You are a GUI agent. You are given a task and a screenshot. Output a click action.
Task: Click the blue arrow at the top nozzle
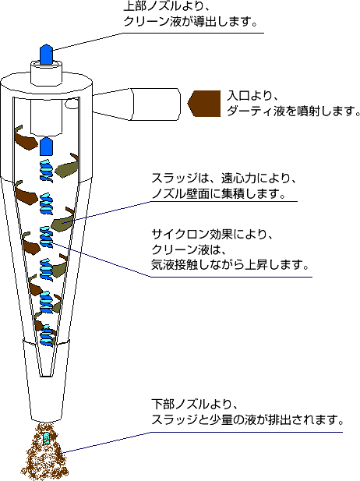pos(46,54)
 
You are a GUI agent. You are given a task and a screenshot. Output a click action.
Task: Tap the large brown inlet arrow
pos(204,104)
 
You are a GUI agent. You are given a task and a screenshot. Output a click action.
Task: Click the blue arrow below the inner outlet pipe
pos(47,147)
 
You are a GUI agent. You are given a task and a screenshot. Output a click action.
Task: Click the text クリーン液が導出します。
pos(190,21)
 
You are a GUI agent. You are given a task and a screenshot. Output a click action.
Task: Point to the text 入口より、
pos(252,95)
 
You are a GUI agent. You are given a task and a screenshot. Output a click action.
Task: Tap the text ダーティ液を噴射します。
pos(294,111)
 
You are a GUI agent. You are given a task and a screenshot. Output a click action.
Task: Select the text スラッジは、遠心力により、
pos(224,179)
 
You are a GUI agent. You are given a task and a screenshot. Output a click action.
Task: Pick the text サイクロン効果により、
pos(212,235)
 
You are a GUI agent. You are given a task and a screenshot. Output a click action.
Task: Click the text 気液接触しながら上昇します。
pos(230,264)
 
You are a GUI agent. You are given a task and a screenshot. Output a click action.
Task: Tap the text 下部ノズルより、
pos(195,404)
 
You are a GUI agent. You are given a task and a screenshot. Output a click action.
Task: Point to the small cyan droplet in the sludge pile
pos(47,438)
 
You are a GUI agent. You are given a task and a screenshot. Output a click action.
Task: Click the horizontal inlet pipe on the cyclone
pos(136,104)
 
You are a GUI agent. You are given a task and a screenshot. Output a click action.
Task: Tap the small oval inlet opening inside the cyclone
pos(72,104)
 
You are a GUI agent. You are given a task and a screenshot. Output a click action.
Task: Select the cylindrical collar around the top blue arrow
pos(46,73)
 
